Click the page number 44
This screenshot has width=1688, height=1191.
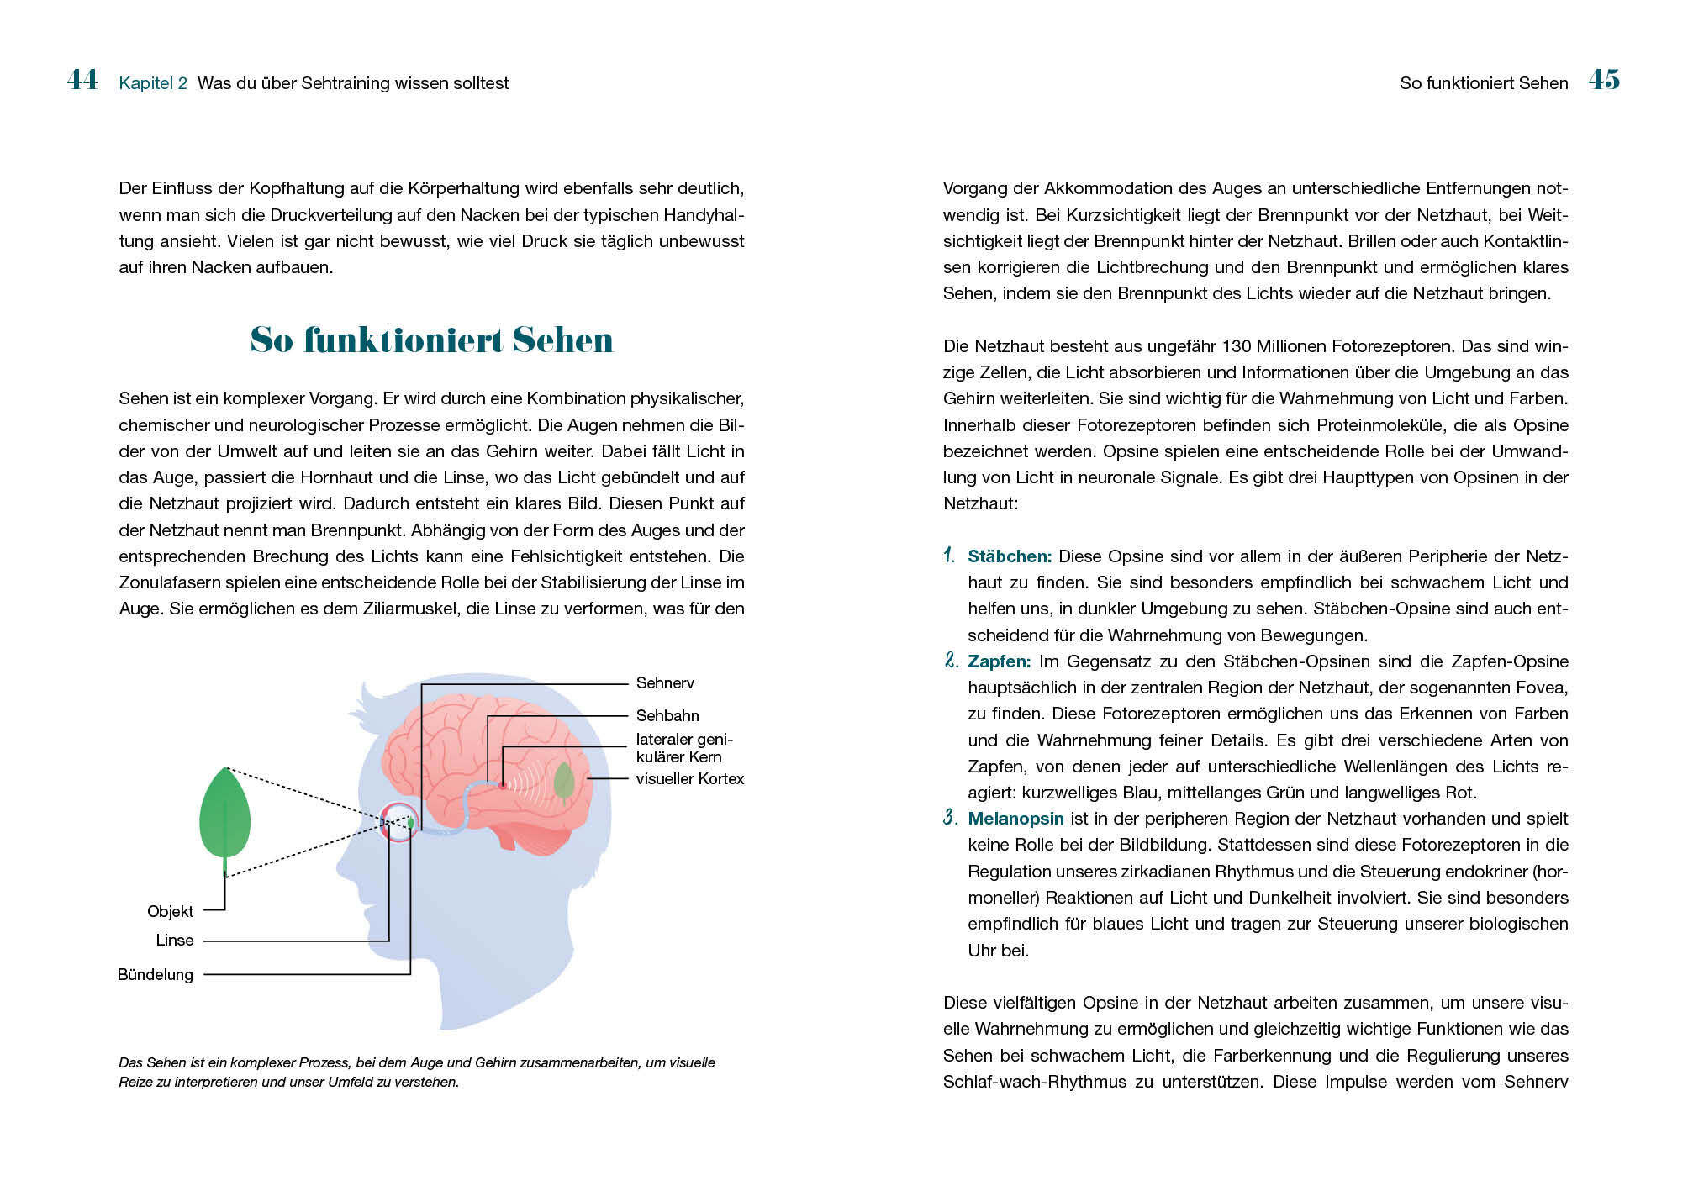coord(82,80)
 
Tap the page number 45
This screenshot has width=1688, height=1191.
coord(1604,80)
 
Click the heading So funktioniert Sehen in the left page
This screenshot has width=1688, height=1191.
coord(431,340)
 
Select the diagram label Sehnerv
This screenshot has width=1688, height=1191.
coord(665,683)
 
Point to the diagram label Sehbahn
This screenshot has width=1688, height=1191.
coord(667,715)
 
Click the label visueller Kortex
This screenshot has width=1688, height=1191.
coord(689,779)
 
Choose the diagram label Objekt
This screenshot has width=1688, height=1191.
coord(170,911)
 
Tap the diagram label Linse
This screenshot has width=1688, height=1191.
coord(174,941)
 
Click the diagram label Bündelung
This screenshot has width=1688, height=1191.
coord(156,975)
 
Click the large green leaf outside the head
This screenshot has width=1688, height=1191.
coord(224,815)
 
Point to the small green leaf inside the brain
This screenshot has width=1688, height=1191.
coord(564,781)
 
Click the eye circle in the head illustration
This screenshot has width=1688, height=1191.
coord(398,822)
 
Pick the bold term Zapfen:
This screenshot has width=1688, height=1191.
coord(999,661)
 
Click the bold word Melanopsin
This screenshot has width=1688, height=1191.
coord(1015,819)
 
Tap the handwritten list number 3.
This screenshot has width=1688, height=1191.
coord(950,818)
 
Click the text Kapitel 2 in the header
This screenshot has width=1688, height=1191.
coord(153,83)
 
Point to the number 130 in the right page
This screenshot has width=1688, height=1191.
coord(1237,346)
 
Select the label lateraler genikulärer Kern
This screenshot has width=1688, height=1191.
coord(683,748)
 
